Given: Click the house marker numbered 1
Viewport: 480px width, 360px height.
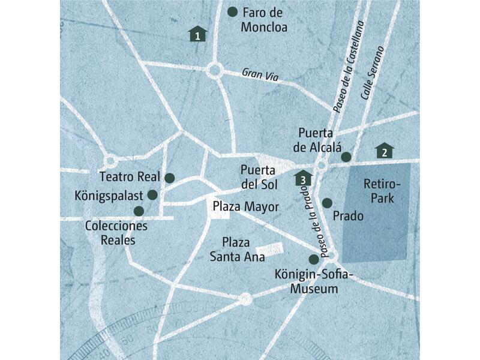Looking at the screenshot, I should click(x=197, y=34).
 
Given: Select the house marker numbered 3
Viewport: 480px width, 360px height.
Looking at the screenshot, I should click(x=304, y=178).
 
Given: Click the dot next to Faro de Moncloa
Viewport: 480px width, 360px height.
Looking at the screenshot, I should click(x=233, y=11).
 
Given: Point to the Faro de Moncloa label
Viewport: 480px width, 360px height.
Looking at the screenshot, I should click(x=264, y=20).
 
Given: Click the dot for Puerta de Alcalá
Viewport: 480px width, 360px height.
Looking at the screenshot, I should click(x=346, y=157).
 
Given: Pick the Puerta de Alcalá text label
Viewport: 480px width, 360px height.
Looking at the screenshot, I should click(x=319, y=140).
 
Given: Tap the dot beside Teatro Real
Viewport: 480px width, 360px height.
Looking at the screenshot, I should click(x=169, y=178).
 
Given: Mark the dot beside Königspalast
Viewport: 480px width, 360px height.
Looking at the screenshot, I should click(x=152, y=194).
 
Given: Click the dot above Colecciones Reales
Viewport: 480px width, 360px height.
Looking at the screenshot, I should click(x=139, y=211).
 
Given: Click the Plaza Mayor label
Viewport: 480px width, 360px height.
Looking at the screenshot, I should click(x=246, y=207).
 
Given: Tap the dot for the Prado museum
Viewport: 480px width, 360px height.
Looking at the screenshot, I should click(x=327, y=203).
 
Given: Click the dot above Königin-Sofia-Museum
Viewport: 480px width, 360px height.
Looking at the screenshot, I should click(x=313, y=259).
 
